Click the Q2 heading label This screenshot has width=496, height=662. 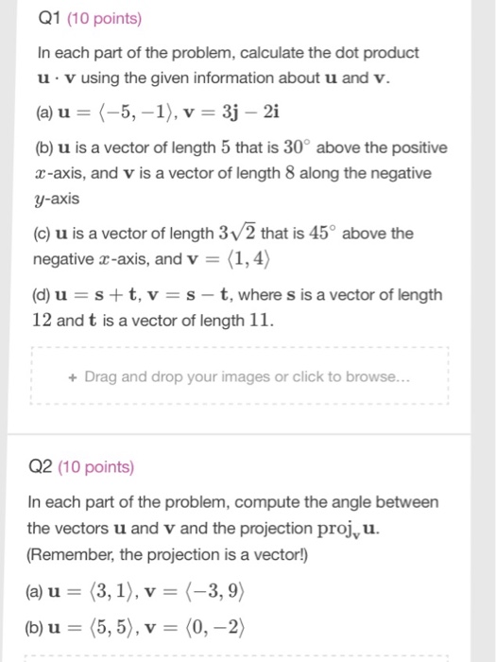point(41,466)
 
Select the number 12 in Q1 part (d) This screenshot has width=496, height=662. point(42,320)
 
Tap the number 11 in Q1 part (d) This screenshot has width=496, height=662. point(261,320)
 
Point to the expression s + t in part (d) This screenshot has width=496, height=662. point(109,295)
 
